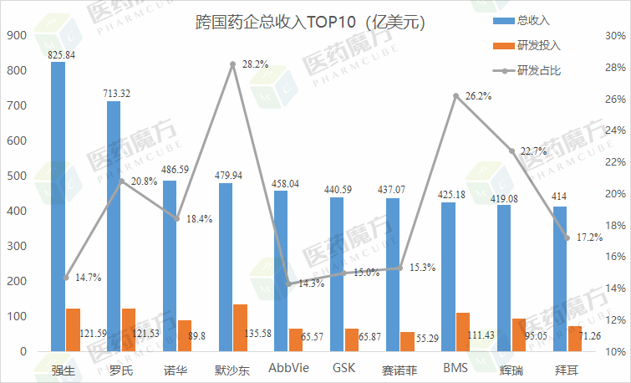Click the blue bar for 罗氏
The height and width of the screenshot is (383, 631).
pyautogui.click(x=114, y=226)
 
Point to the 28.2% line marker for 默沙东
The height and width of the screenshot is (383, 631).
pyautogui.click(x=233, y=64)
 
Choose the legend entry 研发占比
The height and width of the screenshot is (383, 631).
pyautogui.click(x=538, y=70)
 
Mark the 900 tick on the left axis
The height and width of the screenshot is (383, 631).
pyautogui.click(x=17, y=36)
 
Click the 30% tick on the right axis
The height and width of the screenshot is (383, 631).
pyautogui.click(x=614, y=36)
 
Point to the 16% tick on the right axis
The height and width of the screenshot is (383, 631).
pyautogui.click(x=614, y=257)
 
